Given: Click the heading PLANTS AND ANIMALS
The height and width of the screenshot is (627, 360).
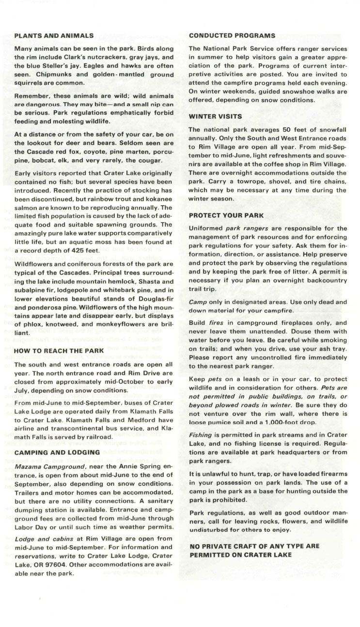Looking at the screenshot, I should (x=54, y=35).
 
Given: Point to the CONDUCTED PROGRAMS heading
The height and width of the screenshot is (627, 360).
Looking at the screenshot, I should (x=232, y=35).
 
